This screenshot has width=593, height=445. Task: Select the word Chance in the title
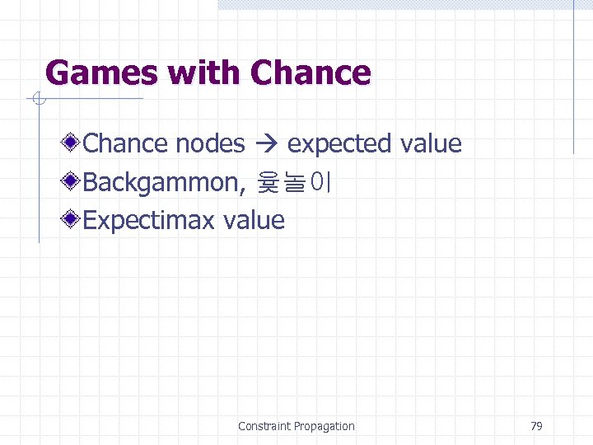[x=311, y=73]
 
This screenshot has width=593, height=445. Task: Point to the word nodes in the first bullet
[x=211, y=143]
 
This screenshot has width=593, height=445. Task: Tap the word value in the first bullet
[x=431, y=143]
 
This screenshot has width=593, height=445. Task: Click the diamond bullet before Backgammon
[x=72, y=181]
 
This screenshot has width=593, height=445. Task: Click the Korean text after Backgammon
[x=294, y=181]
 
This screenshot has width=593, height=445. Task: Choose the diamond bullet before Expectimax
[x=72, y=220]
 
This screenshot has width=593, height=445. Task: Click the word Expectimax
[x=149, y=220]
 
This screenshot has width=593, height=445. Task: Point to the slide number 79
[x=536, y=426]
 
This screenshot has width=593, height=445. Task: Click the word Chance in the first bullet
[x=126, y=143]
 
